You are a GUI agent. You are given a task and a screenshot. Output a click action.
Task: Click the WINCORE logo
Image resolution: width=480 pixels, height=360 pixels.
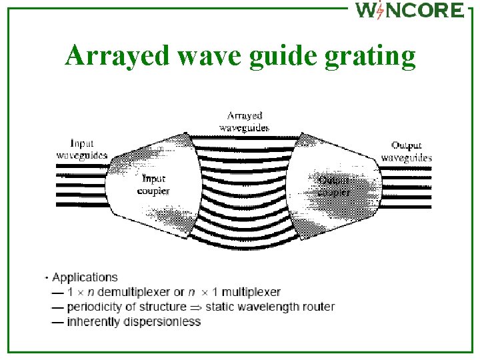(409, 10)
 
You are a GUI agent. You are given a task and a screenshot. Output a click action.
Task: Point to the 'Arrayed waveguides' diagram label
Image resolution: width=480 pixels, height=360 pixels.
(245, 121)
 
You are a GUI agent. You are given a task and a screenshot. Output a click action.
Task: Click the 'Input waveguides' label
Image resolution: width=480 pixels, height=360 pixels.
(81, 149)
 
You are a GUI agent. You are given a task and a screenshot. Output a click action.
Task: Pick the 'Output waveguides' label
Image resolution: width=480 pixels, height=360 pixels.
(406, 151)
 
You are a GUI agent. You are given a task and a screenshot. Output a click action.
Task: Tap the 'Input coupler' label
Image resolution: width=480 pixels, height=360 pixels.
(153, 185)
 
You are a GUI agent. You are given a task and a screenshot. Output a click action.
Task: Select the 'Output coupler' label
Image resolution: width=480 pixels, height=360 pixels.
(334, 186)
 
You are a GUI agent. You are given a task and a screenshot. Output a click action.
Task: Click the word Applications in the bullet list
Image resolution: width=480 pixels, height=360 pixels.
(85, 277)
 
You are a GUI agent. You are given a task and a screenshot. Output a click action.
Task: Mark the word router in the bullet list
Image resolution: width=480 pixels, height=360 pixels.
(318, 307)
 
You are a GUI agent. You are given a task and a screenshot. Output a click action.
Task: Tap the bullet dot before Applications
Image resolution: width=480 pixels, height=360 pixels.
(47, 277)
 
